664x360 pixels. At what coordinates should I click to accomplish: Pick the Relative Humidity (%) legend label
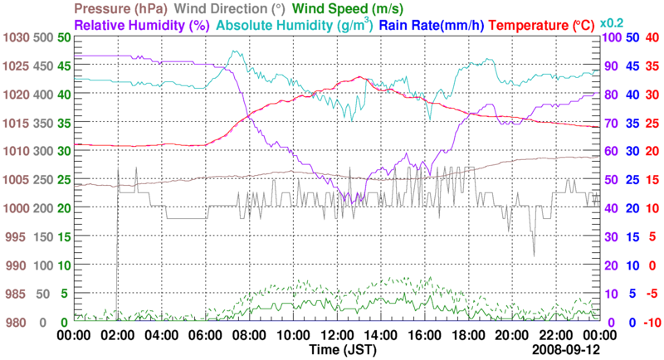[x=140, y=25]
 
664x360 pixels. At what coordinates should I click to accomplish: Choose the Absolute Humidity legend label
[x=294, y=25]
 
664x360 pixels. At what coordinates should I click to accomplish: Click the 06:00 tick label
[x=204, y=335]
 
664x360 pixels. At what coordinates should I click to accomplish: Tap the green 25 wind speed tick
[x=63, y=180]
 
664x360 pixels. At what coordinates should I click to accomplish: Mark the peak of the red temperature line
[x=359, y=77]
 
